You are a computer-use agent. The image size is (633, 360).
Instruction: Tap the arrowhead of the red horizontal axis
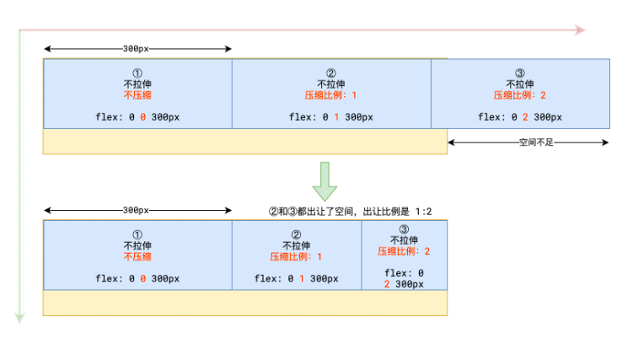point(579,30)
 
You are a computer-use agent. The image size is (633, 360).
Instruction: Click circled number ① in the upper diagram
point(137,73)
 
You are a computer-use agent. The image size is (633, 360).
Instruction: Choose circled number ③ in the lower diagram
point(404,228)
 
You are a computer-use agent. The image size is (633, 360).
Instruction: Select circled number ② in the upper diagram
point(330,73)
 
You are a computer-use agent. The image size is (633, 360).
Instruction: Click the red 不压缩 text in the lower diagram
point(137,256)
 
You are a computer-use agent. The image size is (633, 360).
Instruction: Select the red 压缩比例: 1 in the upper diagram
point(330,95)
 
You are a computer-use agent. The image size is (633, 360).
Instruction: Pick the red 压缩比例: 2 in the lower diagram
point(404,251)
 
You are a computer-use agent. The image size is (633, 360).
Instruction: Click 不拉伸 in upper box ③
point(520,84)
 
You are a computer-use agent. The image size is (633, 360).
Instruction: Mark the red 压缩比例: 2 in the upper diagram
point(520,95)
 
